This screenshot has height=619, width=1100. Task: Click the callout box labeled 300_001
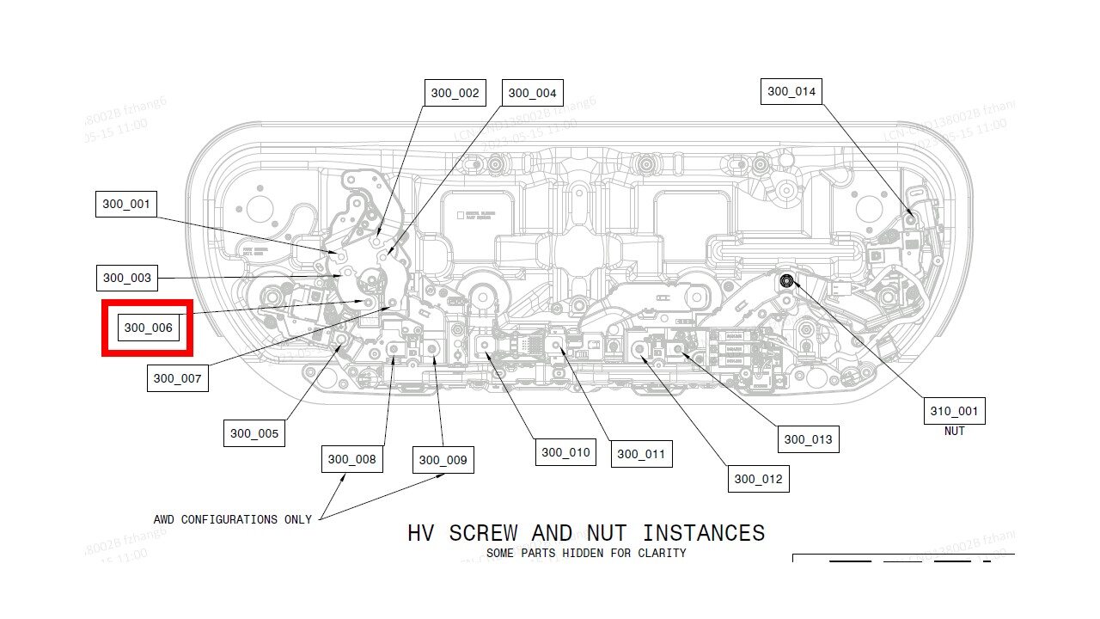(126, 205)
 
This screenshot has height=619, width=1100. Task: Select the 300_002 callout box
(455, 93)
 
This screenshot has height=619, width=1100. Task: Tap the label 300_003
(126, 278)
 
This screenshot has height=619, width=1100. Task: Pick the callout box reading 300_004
(532, 93)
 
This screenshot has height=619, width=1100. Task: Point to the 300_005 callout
(254, 433)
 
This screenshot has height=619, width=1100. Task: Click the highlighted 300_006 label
(148, 328)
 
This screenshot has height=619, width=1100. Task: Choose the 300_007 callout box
(177, 378)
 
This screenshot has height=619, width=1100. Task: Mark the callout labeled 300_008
(351, 459)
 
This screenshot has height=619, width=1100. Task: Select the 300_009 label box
(443, 460)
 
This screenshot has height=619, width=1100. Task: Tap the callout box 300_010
(565, 452)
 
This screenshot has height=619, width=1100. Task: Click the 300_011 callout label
(641, 454)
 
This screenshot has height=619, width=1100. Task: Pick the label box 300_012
(758, 479)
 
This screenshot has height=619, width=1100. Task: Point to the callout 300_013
(808, 439)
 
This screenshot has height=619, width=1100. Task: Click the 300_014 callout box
(791, 91)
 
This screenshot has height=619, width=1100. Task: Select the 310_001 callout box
(954, 411)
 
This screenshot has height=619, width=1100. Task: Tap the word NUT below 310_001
(954, 431)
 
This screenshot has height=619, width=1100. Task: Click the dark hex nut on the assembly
(786, 280)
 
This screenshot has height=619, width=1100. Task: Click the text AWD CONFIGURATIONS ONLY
(232, 519)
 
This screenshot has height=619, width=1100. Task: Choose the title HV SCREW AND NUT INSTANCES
(586, 533)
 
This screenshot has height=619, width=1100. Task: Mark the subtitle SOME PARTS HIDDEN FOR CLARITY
(586, 553)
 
